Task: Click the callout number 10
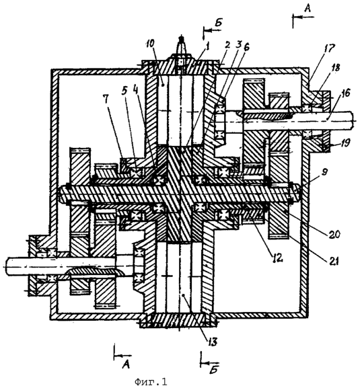tap(150, 44)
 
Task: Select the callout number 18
tap(336, 67)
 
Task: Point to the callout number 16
tap(346, 93)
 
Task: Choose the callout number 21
tap(333, 262)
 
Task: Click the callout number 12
tap(277, 258)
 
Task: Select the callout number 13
tap(212, 342)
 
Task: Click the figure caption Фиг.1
tap(151, 381)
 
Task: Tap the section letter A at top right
tap(308, 9)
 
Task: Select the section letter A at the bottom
tap(127, 364)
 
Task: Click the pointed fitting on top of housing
tap(182, 46)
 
